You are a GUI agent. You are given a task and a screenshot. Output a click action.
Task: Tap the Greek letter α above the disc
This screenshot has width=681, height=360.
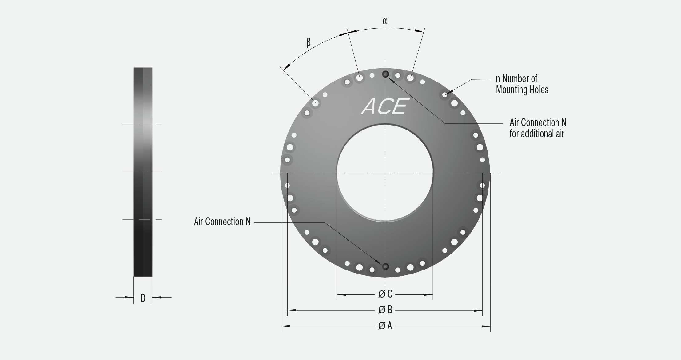[385, 21]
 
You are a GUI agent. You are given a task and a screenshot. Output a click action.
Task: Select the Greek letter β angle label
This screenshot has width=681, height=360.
[309, 42]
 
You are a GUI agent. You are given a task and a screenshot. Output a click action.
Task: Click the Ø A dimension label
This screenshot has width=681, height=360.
[385, 326]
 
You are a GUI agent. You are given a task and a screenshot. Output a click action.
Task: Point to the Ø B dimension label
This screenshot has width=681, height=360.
[385, 310]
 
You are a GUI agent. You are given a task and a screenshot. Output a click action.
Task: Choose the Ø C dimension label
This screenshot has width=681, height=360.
[385, 294]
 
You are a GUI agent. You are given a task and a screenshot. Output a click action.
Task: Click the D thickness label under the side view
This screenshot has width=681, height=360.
[143, 298]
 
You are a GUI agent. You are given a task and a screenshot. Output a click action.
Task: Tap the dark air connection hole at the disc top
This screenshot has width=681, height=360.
[385, 74]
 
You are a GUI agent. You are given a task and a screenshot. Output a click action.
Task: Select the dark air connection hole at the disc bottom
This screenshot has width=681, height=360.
[385, 266]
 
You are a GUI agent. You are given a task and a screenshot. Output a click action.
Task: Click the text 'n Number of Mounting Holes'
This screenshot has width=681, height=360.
[522, 84]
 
